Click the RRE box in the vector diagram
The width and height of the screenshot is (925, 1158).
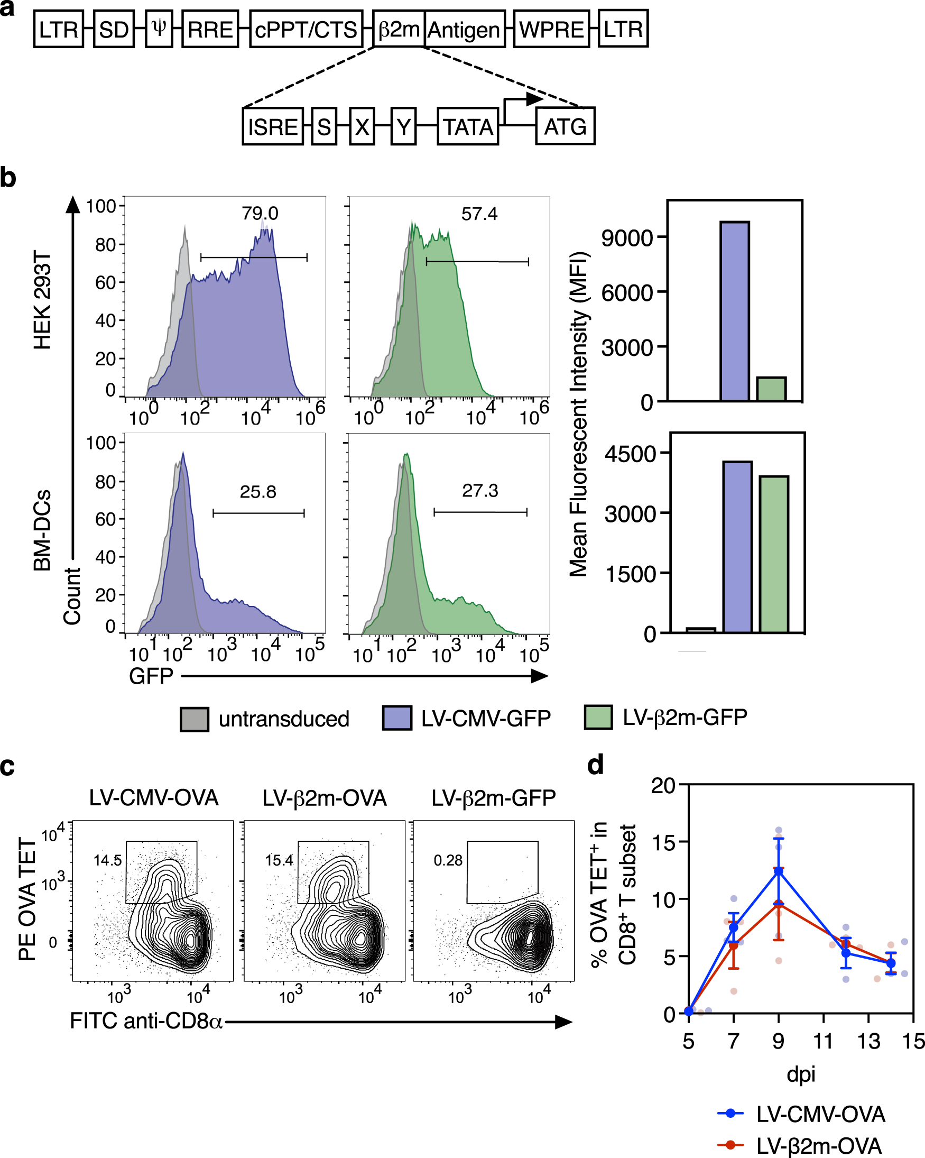pyautogui.click(x=210, y=30)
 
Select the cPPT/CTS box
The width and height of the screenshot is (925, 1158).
pyautogui.click(x=306, y=30)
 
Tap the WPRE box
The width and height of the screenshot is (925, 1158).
pyautogui.click(x=551, y=30)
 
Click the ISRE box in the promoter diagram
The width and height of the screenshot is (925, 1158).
pyautogui.click(x=273, y=127)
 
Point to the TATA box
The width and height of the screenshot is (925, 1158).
pyautogui.click(x=468, y=127)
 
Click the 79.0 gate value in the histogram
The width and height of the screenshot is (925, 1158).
pyautogui.click(x=260, y=214)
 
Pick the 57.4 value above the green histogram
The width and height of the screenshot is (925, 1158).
pyautogui.click(x=479, y=214)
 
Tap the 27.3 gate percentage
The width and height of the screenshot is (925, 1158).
pyautogui.click(x=480, y=491)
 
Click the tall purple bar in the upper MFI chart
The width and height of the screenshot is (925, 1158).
pyautogui.click(x=734, y=311)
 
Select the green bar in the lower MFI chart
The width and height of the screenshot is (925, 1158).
pyautogui.click(x=774, y=554)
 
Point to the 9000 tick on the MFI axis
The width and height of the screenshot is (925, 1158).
pyautogui.click(x=626, y=238)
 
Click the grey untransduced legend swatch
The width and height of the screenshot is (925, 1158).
pyautogui.click(x=195, y=719)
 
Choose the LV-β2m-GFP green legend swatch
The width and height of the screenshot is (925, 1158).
pyautogui.click(x=598, y=718)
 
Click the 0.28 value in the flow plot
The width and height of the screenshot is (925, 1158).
pyautogui.click(x=448, y=860)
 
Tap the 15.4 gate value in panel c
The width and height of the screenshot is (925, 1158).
pyautogui.click(x=279, y=860)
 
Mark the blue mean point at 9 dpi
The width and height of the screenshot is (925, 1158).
pyautogui.click(x=779, y=871)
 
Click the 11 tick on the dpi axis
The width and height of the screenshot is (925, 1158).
pyautogui.click(x=823, y=1042)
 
